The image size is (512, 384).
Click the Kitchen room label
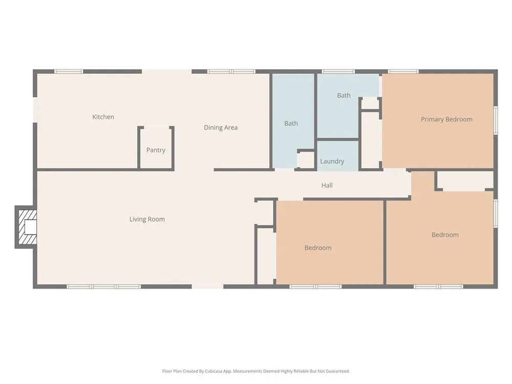(103, 117)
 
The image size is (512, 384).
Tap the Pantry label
(156, 150)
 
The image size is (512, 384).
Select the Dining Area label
(221, 127)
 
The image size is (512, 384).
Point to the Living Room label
(147, 220)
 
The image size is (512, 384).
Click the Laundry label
(332, 161)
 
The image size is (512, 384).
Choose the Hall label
(327, 185)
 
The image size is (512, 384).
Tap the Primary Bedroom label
(446, 119)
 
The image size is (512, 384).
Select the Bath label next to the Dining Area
(291, 123)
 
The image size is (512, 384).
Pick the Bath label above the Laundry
(344, 95)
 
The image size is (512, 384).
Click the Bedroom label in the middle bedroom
(318, 248)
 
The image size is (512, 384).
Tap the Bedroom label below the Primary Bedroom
(445, 235)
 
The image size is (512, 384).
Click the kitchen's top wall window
(69, 72)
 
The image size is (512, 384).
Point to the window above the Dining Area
(231, 72)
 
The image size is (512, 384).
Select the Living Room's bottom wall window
(104, 287)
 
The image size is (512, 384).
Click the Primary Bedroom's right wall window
(496, 120)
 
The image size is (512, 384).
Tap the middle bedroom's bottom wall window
(315, 287)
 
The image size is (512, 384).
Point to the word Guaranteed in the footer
(338, 371)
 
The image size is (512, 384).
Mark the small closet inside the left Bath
(307, 160)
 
